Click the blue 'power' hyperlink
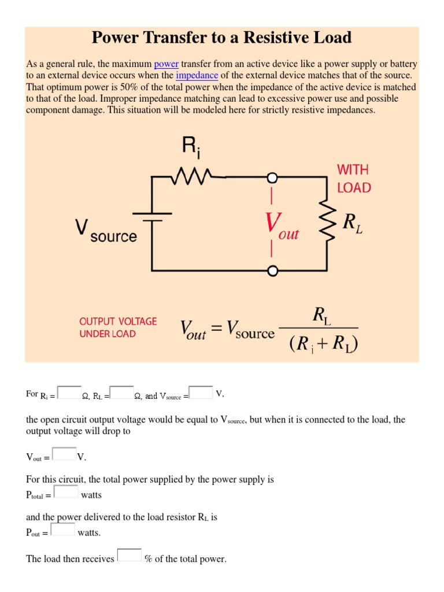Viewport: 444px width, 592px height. [166, 64]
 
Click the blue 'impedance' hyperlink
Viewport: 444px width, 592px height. [197, 76]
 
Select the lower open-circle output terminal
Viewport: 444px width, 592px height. [272, 270]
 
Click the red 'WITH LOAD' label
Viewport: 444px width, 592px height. [354, 179]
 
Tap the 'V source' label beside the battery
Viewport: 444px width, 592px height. [106, 230]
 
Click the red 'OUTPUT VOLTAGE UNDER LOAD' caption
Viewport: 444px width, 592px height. [118, 327]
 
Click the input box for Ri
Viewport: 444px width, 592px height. [70, 393]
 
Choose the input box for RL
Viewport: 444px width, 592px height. [121, 393]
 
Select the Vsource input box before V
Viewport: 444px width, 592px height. [201, 393]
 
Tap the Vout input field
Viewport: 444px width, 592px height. [64, 454]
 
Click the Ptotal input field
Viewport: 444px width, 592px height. [66, 491]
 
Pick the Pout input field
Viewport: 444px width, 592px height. [63, 529]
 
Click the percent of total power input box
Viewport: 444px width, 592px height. [129, 555]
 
